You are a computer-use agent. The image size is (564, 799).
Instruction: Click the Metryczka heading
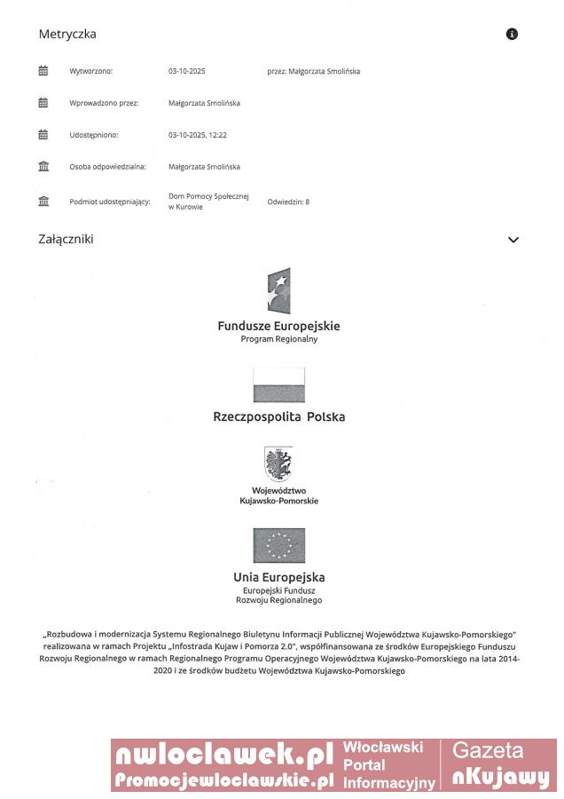click(x=67, y=35)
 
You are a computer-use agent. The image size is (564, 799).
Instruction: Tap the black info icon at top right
click(x=512, y=35)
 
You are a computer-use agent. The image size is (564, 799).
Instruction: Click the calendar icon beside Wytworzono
click(x=43, y=71)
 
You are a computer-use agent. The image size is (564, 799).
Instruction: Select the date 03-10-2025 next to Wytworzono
click(x=186, y=71)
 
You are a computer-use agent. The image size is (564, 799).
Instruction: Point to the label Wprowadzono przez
click(x=104, y=103)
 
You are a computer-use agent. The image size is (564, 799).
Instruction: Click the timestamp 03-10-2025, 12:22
click(x=198, y=135)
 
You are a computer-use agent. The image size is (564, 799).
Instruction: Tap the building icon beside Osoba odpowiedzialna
click(x=43, y=167)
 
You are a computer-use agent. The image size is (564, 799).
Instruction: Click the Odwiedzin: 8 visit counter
click(x=288, y=202)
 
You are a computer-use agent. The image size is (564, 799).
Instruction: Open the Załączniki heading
click(x=66, y=240)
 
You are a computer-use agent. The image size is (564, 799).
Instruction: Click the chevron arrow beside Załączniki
click(x=513, y=240)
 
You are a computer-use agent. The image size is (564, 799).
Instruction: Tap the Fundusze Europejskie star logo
click(x=278, y=291)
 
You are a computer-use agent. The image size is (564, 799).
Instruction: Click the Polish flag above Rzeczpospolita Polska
click(x=278, y=384)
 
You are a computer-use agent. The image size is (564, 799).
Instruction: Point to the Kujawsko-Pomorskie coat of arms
click(x=278, y=464)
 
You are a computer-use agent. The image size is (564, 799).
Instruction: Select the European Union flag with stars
click(x=278, y=545)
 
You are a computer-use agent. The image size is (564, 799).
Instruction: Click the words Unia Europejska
click(x=278, y=577)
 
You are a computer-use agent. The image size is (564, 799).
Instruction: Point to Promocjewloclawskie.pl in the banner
click(x=223, y=780)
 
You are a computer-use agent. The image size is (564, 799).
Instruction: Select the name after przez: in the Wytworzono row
click(x=325, y=71)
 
